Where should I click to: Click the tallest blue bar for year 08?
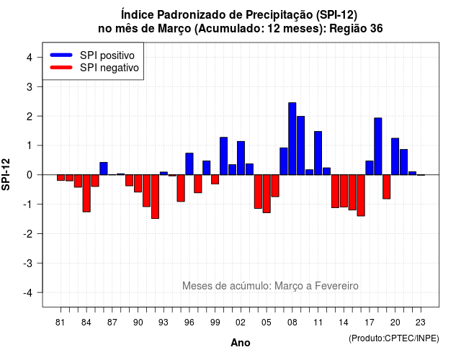(x=292, y=139)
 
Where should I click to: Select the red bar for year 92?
(x=155, y=197)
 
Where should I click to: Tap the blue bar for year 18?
(x=377, y=146)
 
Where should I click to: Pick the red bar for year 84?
(x=86, y=194)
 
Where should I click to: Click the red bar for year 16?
(x=361, y=195)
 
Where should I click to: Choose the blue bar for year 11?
(x=318, y=153)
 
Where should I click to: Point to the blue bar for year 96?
(x=189, y=164)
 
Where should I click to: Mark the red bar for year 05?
(x=267, y=194)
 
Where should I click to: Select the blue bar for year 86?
(x=104, y=168)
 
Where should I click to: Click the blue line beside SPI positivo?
(x=61, y=55)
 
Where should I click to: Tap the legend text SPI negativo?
(x=109, y=68)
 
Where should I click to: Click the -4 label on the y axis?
(x=28, y=293)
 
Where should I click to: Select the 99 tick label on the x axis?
(x=215, y=323)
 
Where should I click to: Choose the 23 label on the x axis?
(x=421, y=323)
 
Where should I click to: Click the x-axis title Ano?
(x=241, y=343)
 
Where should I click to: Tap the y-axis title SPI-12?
(x=6, y=174)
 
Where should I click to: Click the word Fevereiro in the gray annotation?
(x=336, y=286)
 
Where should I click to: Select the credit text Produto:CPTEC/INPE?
(x=394, y=338)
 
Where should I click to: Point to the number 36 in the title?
(x=376, y=29)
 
